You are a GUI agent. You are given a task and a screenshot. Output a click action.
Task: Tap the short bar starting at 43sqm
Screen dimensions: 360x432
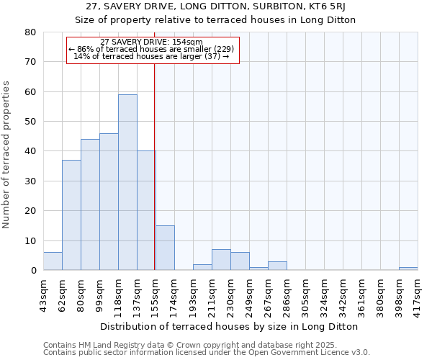coord(53,261)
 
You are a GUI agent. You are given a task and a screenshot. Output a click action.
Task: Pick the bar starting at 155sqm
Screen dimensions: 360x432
coord(165,248)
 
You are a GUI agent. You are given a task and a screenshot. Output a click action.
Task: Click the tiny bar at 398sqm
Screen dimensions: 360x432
coord(408,269)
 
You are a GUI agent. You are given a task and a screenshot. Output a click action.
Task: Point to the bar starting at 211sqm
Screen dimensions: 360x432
coord(221,260)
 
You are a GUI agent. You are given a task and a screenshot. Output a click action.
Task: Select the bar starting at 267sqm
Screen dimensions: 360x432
coord(277,266)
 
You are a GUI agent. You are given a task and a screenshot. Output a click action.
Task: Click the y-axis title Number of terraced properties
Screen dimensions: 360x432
coord(7,155)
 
